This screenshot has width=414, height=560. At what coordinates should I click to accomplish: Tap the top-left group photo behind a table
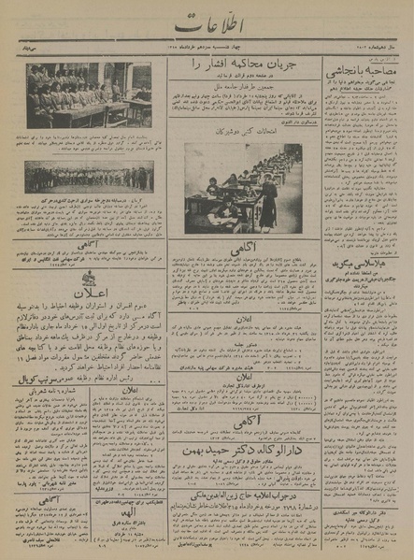coord(89,95)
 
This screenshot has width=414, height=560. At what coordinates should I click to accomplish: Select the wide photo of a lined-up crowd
coord(89,176)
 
